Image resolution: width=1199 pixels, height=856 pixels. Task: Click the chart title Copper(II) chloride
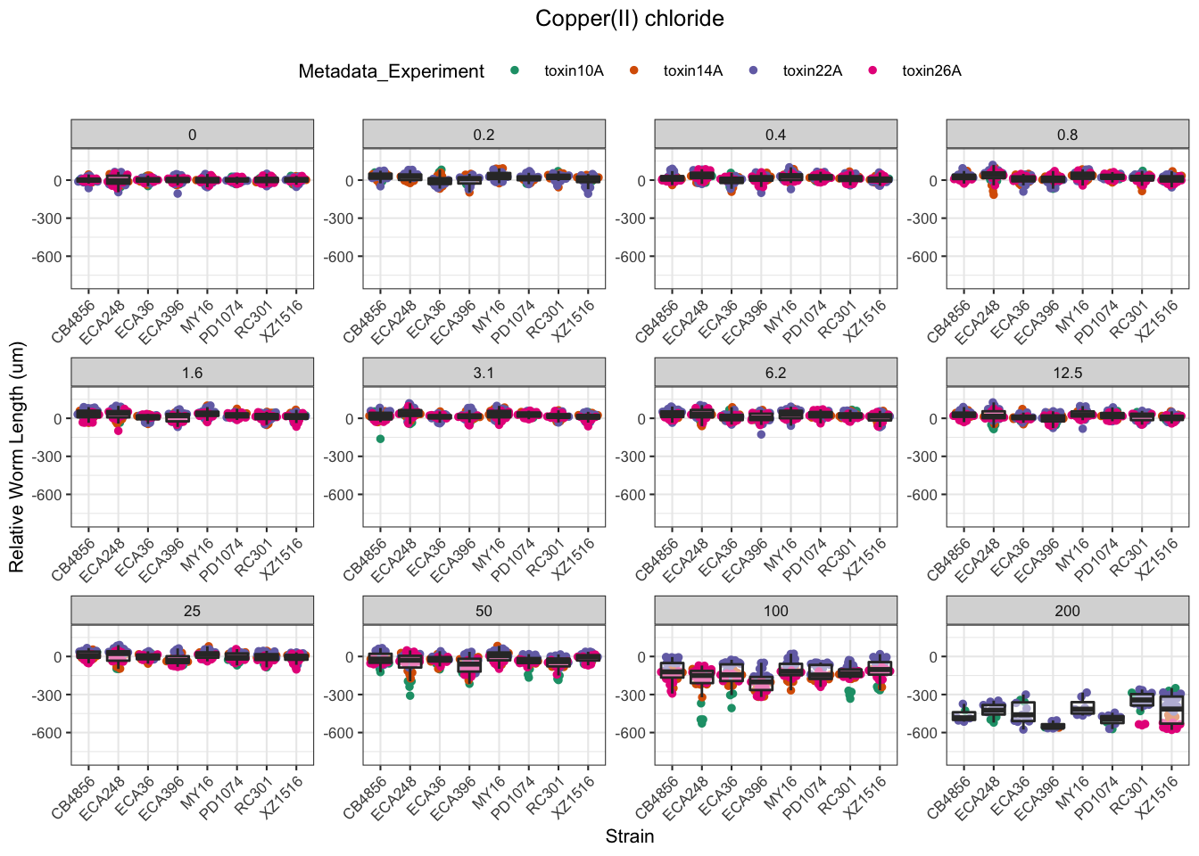click(629, 19)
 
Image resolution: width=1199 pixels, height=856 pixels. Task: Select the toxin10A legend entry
click(573, 71)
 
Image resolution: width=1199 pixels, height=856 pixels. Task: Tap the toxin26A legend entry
click(930, 71)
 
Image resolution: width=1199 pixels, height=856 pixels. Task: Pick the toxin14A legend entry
click(692, 71)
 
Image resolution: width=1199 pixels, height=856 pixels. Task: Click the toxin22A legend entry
click(812, 71)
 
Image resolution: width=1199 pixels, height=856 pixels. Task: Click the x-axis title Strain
click(629, 836)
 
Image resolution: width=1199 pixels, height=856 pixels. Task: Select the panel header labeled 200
click(1067, 611)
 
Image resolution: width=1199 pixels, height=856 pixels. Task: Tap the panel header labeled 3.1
click(484, 373)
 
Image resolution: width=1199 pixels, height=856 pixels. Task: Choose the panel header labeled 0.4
click(775, 135)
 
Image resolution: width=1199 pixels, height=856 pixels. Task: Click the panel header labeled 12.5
click(1067, 373)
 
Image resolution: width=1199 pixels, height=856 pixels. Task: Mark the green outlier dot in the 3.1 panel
click(380, 439)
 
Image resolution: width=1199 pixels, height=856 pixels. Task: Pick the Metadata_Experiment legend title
click(391, 71)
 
